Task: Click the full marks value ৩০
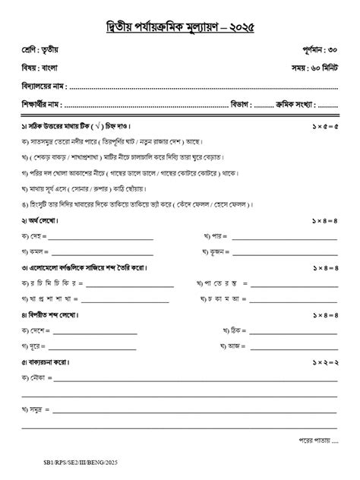(x=331, y=50)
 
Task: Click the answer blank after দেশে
(x=96, y=331)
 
